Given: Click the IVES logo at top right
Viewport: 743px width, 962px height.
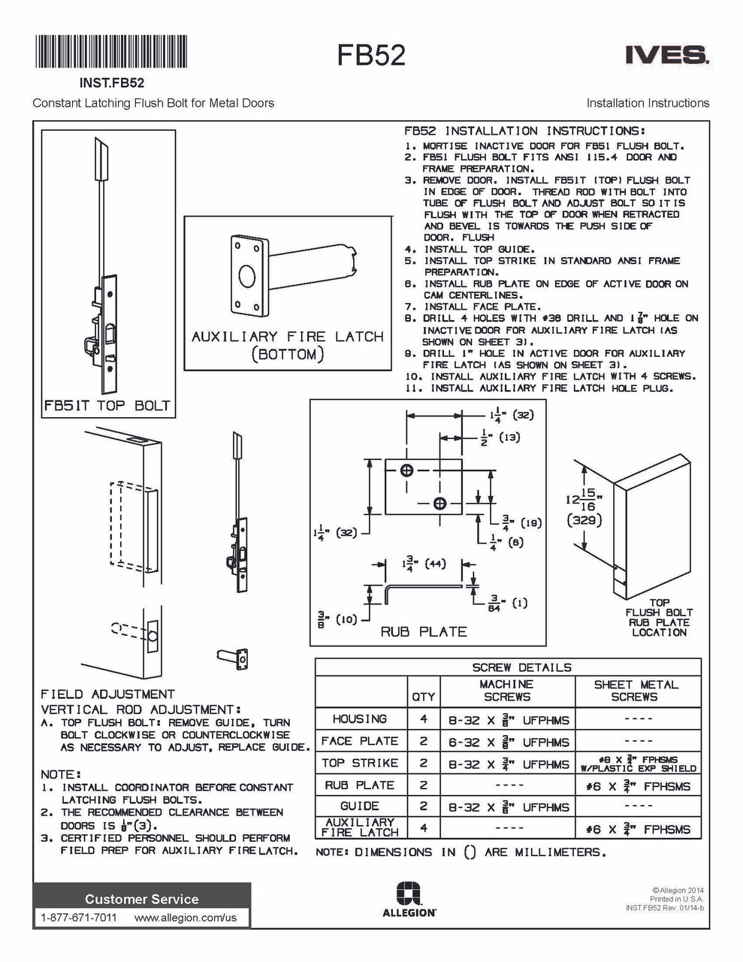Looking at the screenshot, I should pos(666,55).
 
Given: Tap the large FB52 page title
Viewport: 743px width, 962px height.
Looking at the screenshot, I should pos(371,56).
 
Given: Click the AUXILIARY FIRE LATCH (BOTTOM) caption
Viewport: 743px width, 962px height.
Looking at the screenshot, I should pos(287,345).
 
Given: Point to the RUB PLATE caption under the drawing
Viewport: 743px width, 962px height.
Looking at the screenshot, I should pos(423,632).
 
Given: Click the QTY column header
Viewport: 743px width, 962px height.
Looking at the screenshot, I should pos(423,697).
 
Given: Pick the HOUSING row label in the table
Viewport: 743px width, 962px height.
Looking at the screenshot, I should pos(360,719).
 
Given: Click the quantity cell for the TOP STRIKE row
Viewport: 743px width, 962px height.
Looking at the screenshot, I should pos(423,764).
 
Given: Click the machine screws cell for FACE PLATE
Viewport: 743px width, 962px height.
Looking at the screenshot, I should pos(508,742).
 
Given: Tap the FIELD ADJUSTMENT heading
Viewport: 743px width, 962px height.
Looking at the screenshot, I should pos(107,694).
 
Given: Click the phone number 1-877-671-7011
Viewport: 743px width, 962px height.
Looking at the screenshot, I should pos(79,918).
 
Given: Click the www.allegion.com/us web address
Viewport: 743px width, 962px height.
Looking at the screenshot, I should pos(186,918).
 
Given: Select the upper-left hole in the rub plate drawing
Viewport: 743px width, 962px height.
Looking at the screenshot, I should pos(406,471).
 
